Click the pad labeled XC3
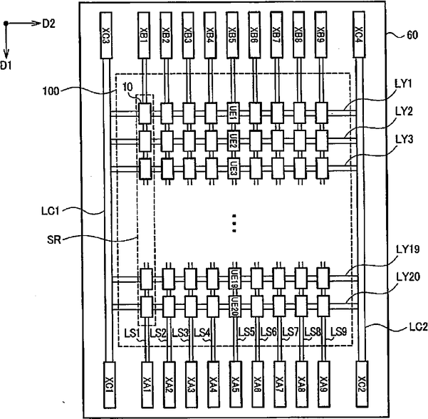click(106, 35)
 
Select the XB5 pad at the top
click(232, 35)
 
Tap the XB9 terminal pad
click(320, 35)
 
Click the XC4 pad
click(359, 35)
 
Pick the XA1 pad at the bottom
click(147, 385)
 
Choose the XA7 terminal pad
click(280, 385)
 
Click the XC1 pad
click(110, 385)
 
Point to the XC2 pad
click(362, 385)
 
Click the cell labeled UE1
click(233, 113)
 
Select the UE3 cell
click(234, 168)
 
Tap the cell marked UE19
click(234, 279)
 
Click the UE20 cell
click(235, 306)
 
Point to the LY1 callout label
click(404, 84)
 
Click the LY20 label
click(408, 277)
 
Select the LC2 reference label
click(418, 326)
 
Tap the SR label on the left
click(54, 240)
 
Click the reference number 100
click(51, 91)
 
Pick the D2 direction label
click(49, 24)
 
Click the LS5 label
click(246, 332)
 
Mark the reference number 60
click(412, 35)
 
